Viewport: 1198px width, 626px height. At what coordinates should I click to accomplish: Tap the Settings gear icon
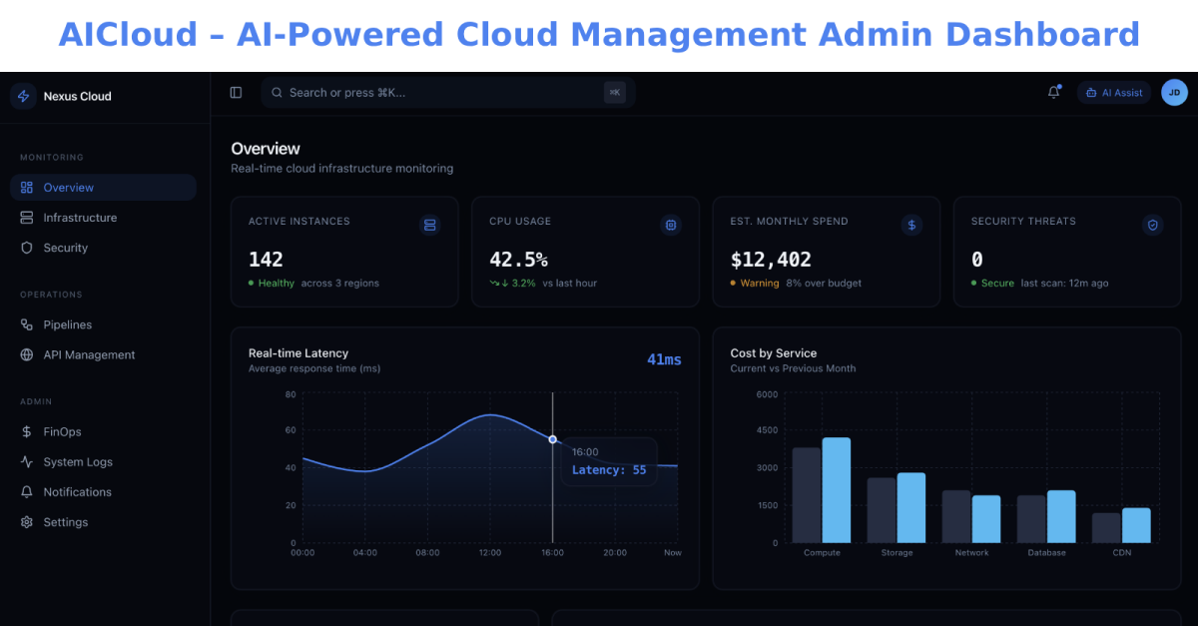tap(27, 522)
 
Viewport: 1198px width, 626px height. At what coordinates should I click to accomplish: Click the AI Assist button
tap(1114, 93)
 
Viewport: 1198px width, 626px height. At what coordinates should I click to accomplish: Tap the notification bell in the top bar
tap(1053, 93)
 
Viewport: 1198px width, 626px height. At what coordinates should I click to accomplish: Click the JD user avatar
tap(1174, 93)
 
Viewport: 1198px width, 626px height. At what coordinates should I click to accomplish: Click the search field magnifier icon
tap(277, 93)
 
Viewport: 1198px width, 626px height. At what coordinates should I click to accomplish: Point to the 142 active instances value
tap(266, 260)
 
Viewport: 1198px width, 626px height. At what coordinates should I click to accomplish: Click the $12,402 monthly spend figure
tap(771, 260)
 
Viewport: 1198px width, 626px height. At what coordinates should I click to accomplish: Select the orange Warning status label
tap(760, 283)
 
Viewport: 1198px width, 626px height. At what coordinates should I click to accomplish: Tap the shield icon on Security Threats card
tap(1152, 226)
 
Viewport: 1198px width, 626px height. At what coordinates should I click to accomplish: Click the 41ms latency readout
tap(664, 359)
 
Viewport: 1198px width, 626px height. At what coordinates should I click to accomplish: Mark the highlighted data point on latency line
tap(552, 439)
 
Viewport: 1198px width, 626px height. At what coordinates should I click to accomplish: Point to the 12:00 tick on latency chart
tap(490, 553)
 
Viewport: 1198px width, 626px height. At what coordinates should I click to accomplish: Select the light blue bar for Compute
tap(837, 490)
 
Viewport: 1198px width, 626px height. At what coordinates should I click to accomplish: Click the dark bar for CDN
tap(1106, 527)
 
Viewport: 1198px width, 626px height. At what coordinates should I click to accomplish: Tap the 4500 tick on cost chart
tap(767, 430)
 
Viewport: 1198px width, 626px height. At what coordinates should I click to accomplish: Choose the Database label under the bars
tap(1046, 553)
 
